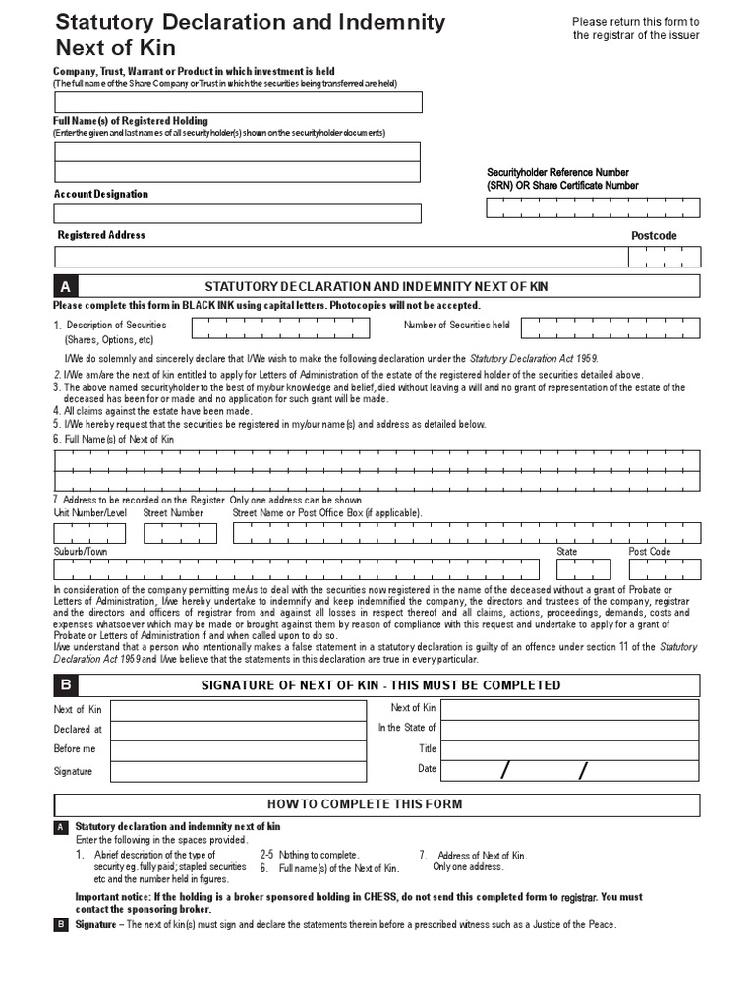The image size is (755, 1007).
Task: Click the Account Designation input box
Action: point(238,213)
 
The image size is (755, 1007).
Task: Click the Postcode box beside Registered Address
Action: point(665,257)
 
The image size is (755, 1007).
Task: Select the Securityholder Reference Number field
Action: point(593,207)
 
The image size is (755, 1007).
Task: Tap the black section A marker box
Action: point(65,286)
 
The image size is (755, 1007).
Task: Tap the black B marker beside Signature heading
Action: point(65,684)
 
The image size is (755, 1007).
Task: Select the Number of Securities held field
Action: point(610,327)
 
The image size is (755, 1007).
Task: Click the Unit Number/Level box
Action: point(89,533)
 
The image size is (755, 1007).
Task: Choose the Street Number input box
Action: point(180,533)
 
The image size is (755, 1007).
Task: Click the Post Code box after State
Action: point(665,569)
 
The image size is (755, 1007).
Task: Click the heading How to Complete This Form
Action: point(378,804)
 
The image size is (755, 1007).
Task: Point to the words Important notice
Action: point(109,897)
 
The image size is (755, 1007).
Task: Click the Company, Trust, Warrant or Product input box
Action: point(238,102)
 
